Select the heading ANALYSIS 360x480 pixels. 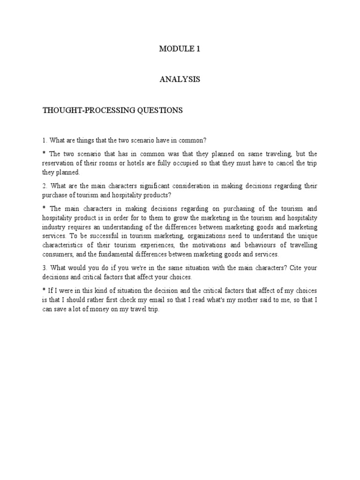click(x=180, y=80)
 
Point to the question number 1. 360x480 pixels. click(x=44, y=140)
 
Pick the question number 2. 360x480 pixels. click(x=44, y=186)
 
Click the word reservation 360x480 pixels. click(x=59, y=163)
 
